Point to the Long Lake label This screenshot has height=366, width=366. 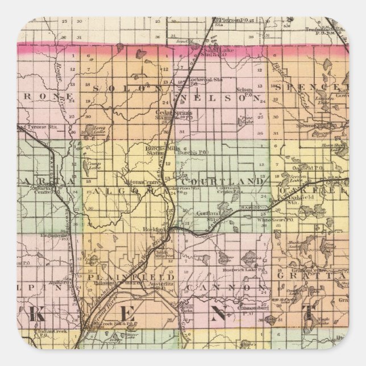(x=99, y=128)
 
